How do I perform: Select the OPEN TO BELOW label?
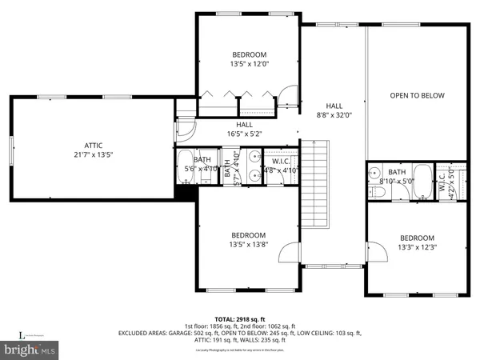417,96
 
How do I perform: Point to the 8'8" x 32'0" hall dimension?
334,115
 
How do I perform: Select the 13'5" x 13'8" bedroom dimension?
249,244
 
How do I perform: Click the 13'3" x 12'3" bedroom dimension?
417,247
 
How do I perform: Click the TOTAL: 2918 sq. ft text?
239,318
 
